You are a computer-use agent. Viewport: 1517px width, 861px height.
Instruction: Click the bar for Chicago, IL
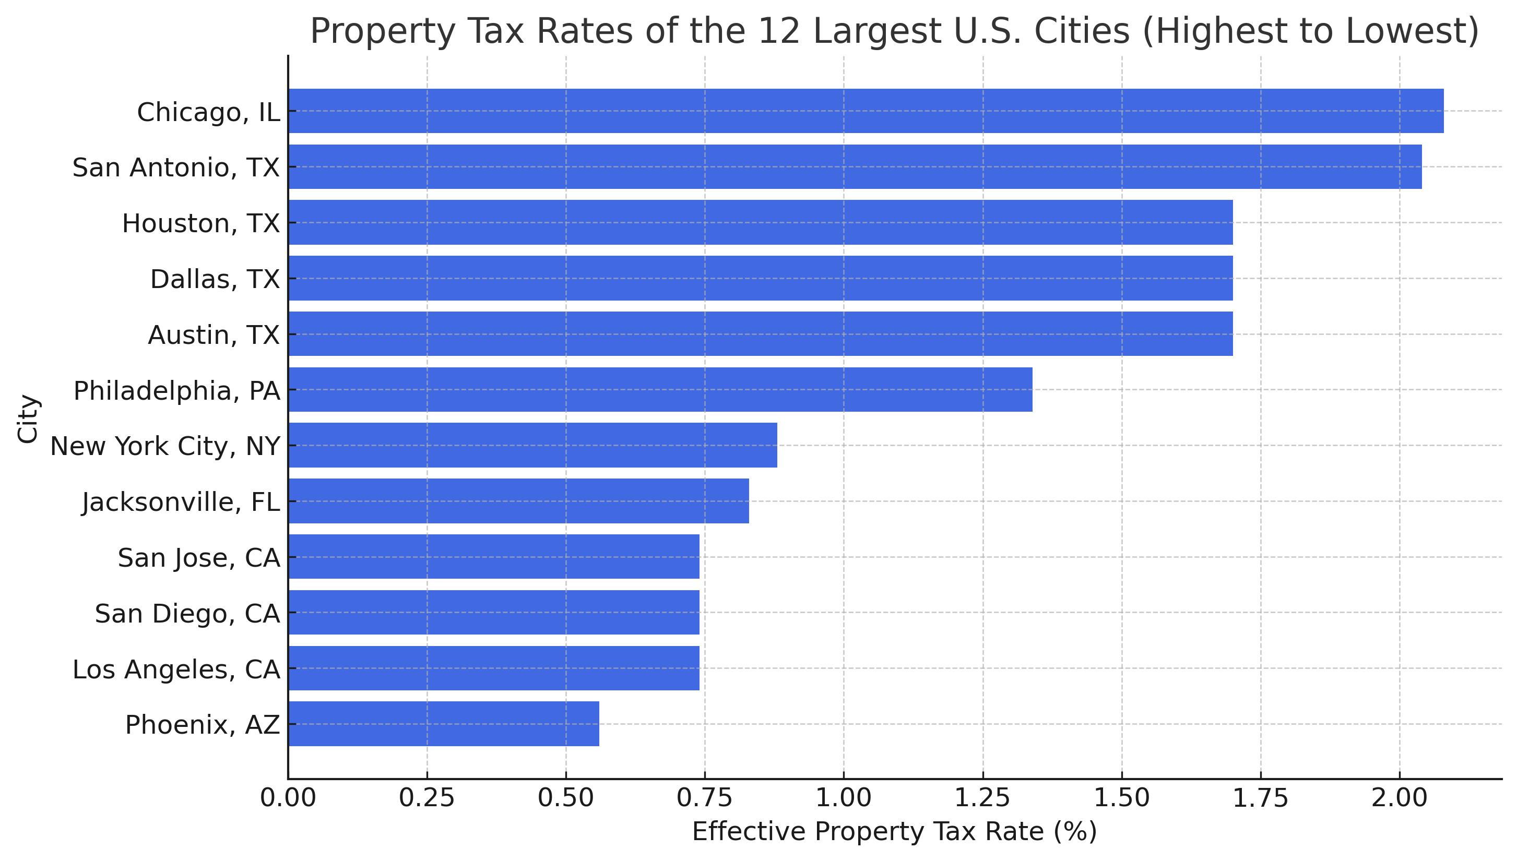coord(865,111)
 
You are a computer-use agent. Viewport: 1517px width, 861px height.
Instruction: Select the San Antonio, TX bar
coord(855,167)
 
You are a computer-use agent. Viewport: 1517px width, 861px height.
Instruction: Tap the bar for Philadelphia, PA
coord(660,390)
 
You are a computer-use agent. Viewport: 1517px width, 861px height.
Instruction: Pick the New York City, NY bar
coord(532,445)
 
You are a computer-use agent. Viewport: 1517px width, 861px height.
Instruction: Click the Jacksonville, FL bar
coord(518,501)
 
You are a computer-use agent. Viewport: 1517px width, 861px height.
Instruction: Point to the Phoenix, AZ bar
coord(444,724)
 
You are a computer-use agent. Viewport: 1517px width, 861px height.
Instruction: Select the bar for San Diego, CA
coord(493,613)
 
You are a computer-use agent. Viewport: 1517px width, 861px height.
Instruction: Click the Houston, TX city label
coord(200,223)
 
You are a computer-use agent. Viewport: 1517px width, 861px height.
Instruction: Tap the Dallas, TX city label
coord(215,279)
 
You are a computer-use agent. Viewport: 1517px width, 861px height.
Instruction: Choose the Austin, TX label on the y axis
coord(214,334)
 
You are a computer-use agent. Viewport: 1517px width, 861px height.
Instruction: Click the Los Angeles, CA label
coord(176,669)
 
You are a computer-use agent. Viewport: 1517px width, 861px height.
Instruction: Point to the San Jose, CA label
coord(199,558)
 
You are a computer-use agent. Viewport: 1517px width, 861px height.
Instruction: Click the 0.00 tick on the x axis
coord(288,798)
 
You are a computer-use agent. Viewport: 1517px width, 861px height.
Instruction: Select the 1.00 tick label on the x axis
coord(844,798)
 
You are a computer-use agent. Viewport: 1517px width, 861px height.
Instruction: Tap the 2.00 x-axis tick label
coord(1400,798)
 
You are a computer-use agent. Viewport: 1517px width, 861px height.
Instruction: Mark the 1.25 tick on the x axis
coord(982,798)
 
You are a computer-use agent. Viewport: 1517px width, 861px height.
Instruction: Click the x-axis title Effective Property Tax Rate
coord(894,832)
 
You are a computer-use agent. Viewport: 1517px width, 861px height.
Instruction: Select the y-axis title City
coord(28,418)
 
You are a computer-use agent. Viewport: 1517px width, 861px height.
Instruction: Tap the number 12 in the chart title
coord(778,31)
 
